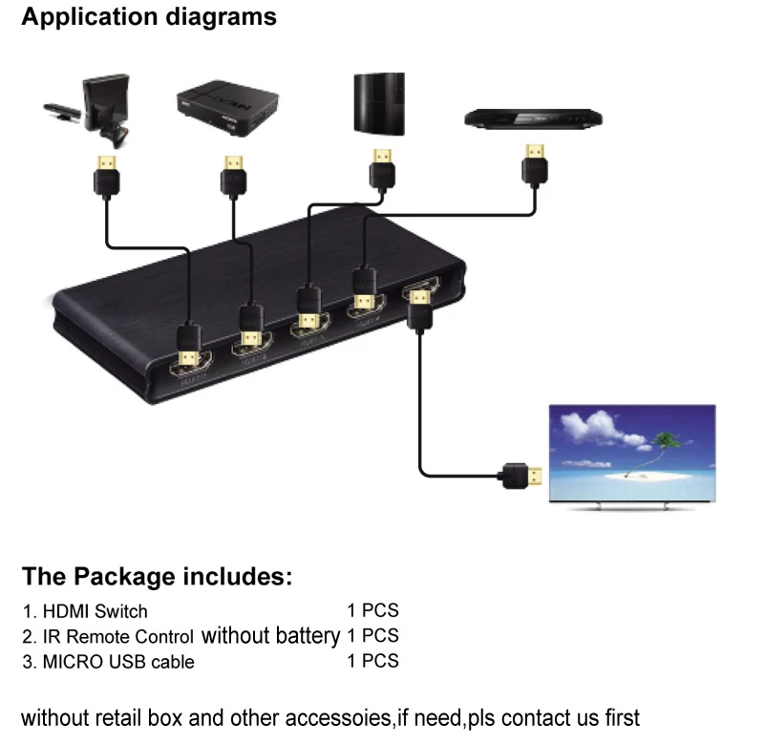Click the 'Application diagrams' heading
149,17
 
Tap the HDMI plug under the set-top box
233,175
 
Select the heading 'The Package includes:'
157,577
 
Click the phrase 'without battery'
270,635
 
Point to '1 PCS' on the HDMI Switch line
372,610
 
